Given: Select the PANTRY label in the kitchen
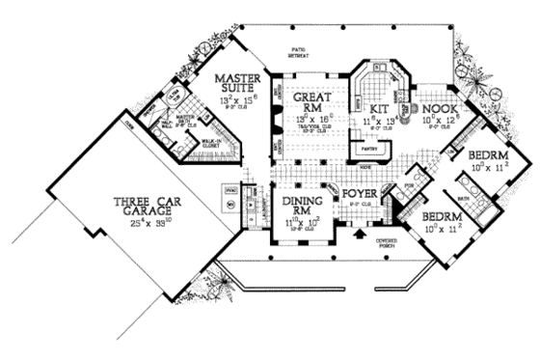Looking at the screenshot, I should [367, 150].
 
